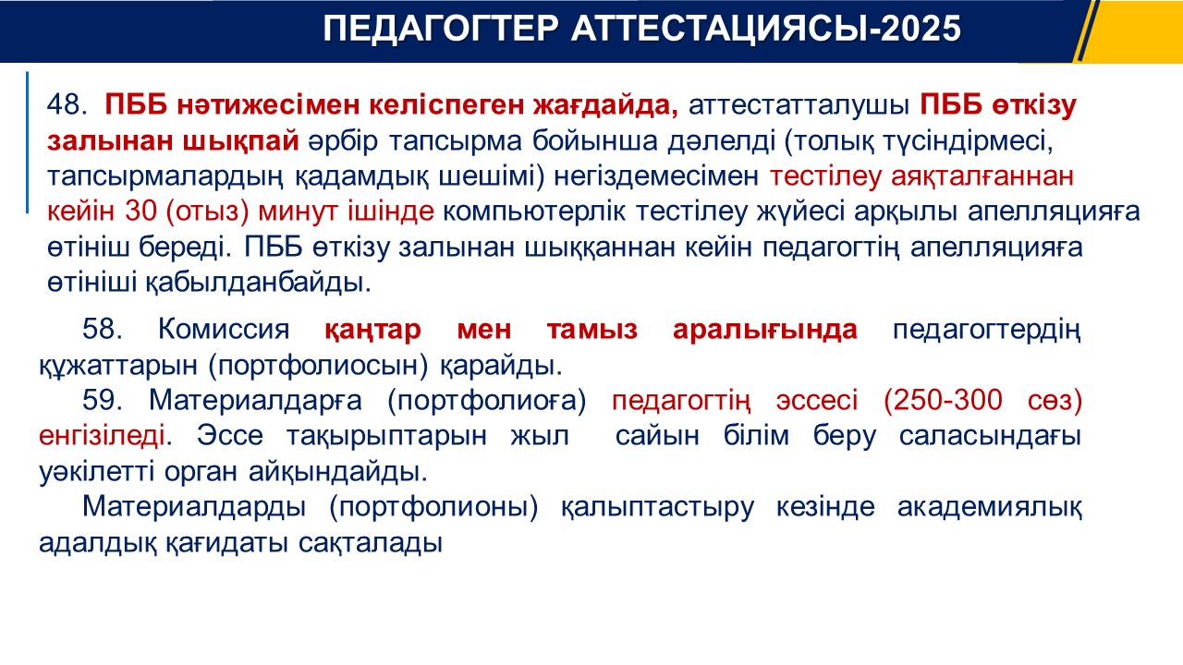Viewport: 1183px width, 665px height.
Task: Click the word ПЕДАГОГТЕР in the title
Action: tap(441, 29)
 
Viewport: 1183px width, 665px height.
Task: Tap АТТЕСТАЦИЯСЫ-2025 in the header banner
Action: tap(766, 29)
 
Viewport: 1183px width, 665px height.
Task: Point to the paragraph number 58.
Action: tap(103, 329)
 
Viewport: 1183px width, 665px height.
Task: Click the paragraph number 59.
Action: tap(103, 400)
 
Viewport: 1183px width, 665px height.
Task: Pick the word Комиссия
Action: tap(224, 329)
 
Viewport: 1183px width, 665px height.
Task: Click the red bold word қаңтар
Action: tap(372, 330)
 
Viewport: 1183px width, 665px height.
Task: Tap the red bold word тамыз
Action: tap(592, 330)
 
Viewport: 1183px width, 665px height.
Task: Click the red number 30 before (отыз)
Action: tap(141, 212)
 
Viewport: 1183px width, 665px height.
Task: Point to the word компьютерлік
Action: tap(534, 212)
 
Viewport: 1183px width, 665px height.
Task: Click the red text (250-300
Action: tap(943, 400)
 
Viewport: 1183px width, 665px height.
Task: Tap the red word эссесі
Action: tap(817, 401)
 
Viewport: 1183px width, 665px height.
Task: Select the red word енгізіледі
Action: tap(102, 437)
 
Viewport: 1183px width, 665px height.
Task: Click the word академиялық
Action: tap(990, 507)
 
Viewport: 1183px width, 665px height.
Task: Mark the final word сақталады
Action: tap(371, 543)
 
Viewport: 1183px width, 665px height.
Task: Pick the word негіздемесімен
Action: tap(656, 176)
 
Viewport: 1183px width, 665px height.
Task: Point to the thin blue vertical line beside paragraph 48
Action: tap(27, 142)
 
